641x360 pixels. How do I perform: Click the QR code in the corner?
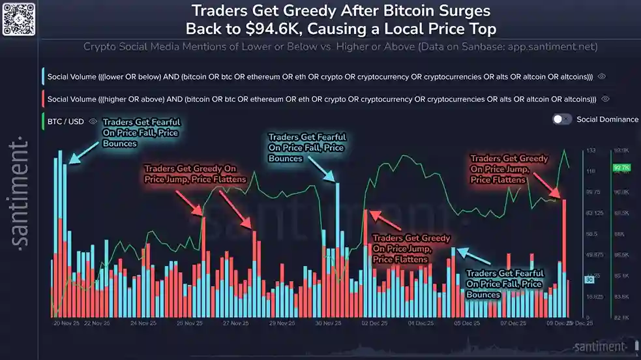(x=18, y=18)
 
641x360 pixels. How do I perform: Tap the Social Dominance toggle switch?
(x=561, y=119)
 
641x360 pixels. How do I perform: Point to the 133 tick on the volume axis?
(x=591, y=151)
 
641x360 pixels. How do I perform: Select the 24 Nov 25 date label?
(x=143, y=323)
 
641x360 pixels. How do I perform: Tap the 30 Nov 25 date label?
(x=328, y=323)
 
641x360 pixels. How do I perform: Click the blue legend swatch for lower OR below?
(x=42, y=76)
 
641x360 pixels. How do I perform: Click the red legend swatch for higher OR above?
(x=42, y=99)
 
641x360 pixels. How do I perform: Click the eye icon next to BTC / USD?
(x=93, y=121)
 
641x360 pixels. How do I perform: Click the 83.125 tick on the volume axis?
(x=593, y=213)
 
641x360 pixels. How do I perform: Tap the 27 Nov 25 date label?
(x=235, y=323)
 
